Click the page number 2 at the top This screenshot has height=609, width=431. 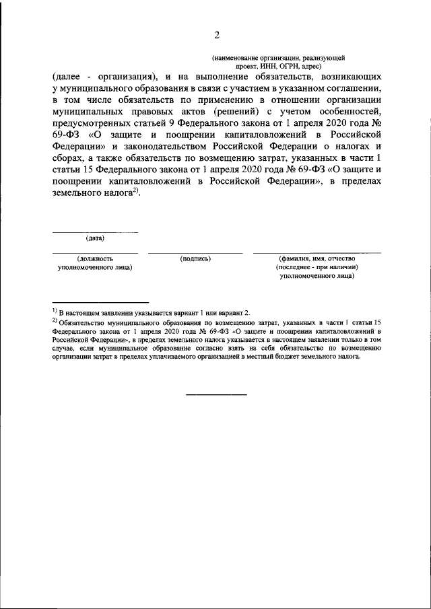tap(216, 36)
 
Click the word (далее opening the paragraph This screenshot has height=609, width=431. tap(67, 77)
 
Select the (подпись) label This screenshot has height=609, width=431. tap(195, 258)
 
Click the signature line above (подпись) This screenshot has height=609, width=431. tap(195, 253)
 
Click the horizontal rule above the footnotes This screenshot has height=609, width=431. tap(100, 302)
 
